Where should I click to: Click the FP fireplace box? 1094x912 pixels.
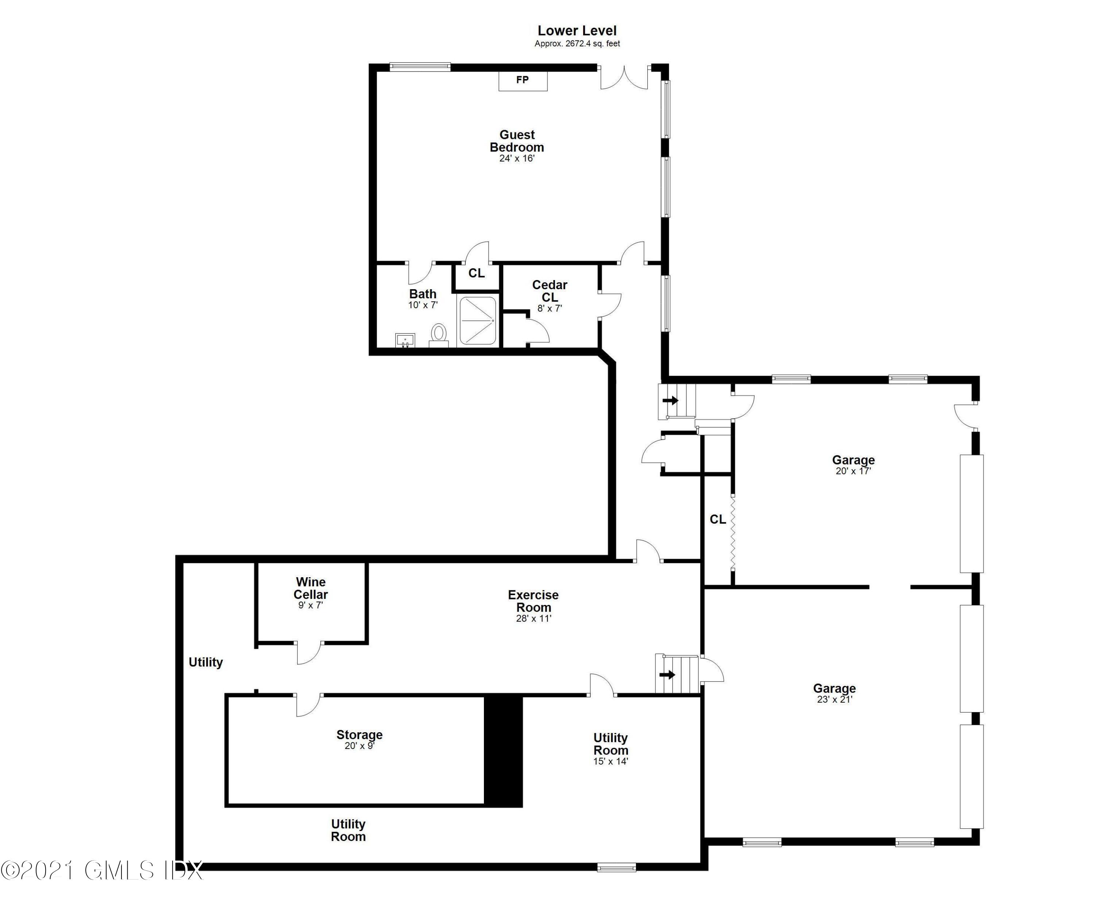click(x=523, y=81)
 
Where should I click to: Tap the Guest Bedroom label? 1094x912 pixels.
click(x=517, y=146)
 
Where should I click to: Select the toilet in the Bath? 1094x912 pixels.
click(x=439, y=334)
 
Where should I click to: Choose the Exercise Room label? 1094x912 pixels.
click(x=533, y=605)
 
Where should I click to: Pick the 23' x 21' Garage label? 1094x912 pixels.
click(x=834, y=693)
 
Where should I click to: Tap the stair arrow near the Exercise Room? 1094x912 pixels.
click(x=667, y=675)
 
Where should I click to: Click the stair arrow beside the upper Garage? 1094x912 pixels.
click(x=671, y=400)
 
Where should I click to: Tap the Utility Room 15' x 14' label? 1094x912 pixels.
click(x=610, y=749)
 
